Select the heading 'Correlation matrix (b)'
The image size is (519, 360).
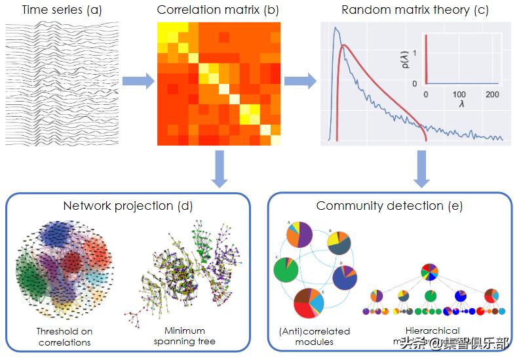(219, 10)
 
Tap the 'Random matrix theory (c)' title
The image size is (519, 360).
(415, 10)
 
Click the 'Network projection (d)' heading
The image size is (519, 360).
(128, 205)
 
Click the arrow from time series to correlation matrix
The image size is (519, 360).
(138, 82)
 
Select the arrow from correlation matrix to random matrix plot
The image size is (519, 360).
(301, 82)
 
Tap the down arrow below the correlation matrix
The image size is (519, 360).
(219, 169)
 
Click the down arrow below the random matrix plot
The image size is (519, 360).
(421, 169)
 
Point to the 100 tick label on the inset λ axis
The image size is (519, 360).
(459, 94)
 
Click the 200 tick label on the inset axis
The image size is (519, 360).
(493, 94)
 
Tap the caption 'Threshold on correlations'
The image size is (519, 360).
(64, 336)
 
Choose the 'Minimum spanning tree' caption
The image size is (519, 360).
(184, 336)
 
